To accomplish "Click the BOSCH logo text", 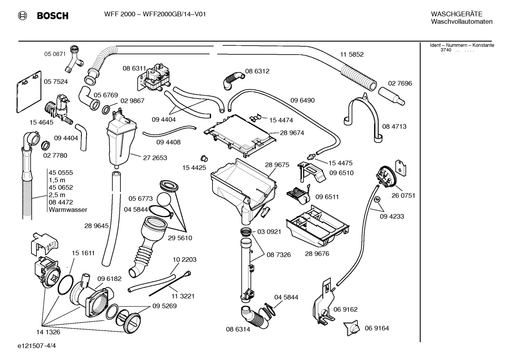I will pos(52,16).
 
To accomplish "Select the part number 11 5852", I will pos(352,54).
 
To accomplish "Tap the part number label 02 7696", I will pos(400,83).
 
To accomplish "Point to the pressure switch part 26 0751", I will pos(385,177).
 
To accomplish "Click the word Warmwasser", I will pos(68,210).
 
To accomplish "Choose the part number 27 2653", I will pos(155,158).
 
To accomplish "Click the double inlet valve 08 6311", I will pos(153,79).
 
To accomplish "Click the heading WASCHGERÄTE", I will pos(456,14).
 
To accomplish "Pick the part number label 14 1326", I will pos(48,332).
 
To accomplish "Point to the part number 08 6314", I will pos(238,329).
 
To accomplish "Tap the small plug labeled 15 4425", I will pos(204,158).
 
